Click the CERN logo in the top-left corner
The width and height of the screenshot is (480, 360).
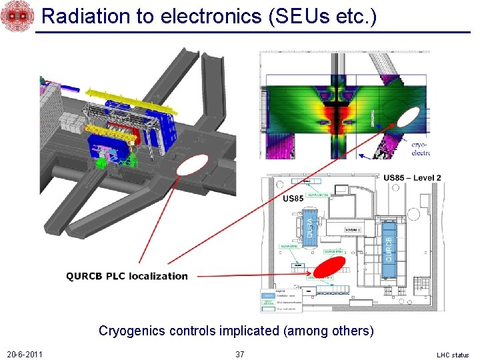click(16, 16)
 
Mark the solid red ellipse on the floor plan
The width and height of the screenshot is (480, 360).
click(329, 267)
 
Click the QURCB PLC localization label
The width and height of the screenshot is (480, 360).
click(127, 276)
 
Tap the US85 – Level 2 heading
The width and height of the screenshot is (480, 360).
click(412, 178)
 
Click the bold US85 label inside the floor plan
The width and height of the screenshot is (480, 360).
click(293, 198)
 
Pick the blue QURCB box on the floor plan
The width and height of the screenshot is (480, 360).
click(388, 241)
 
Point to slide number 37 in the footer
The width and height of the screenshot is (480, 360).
click(240, 354)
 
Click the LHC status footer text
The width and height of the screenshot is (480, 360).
click(453, 355)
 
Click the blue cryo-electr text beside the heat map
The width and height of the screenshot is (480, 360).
click(420, 148)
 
